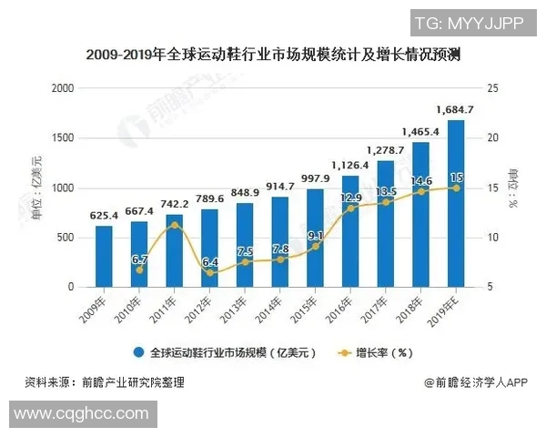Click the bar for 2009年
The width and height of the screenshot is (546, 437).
tap(104, 256)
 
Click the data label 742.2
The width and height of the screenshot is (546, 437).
tap(174, 203)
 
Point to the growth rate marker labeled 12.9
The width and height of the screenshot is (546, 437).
tap(350, 208)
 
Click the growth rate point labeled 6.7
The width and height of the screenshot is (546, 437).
tap(139, 269)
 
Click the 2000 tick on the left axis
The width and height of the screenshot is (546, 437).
tap(62, 88)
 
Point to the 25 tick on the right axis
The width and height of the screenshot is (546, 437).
tap(494, 88)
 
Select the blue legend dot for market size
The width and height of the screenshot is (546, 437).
tap(139, 352)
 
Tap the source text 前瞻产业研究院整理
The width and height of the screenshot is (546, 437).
tap(132, 383)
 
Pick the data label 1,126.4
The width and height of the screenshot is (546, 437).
tap(349, 165)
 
